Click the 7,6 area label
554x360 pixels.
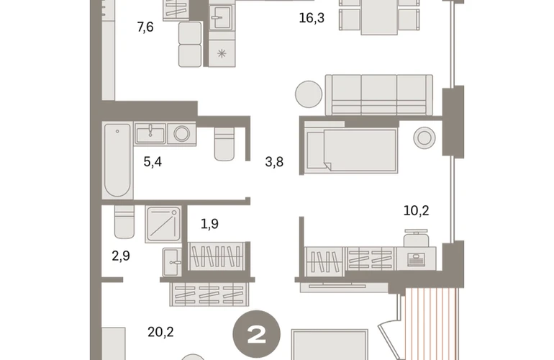pos(145,27)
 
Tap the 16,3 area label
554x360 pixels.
pos(312,18)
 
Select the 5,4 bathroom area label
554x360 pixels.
pos(153,162)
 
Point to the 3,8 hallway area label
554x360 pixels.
pos(274,162)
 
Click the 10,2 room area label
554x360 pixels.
pos(416,211)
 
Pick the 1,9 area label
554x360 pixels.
pos(209,224)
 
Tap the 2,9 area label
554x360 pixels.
pos(121,256)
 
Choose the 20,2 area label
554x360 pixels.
pos(160,333)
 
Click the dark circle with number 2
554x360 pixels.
pos(257,334)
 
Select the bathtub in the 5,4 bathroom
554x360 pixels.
pos(118,161)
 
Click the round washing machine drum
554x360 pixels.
pos(181,134)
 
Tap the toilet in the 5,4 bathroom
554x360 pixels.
pos(224,144)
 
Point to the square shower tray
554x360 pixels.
pos(163,224)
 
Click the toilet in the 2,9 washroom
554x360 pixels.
pos(124,222)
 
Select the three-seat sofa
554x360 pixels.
pos(378,95)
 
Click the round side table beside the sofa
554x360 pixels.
pos(309,94)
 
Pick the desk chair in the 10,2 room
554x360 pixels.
pos(416,238)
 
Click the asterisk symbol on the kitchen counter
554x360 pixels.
pos(222,54)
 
